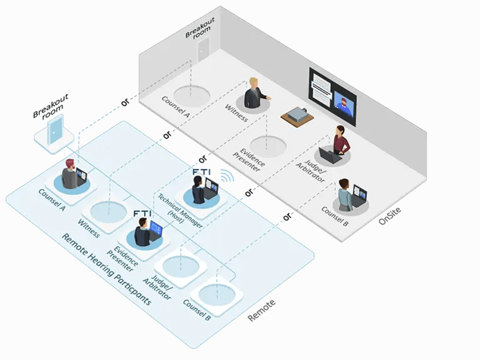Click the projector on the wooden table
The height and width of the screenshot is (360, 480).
coord(297,114)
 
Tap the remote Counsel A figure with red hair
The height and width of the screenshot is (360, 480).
coord(70,175)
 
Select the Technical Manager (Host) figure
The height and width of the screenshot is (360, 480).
coord(198,190)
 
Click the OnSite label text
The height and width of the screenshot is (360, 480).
coord(390,216)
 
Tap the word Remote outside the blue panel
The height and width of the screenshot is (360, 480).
coord(261,310)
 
